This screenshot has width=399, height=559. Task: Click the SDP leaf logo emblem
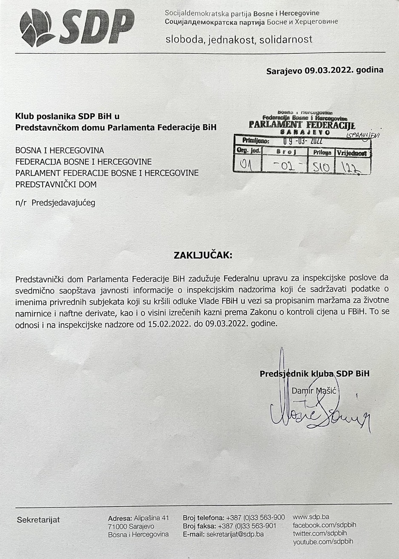37,28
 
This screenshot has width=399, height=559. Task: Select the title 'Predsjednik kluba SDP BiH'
314,374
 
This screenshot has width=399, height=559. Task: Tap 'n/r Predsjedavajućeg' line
55,203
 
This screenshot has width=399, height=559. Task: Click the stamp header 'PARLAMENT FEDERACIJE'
302,125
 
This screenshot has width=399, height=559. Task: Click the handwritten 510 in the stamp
321,166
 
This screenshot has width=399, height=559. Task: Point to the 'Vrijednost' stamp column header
353,153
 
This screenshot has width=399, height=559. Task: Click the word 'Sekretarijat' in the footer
38,520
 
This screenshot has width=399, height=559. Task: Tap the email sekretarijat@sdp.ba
235,534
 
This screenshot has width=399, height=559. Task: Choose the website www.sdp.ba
311,517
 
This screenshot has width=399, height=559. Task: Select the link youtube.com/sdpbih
323,542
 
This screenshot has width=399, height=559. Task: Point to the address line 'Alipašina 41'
151,518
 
